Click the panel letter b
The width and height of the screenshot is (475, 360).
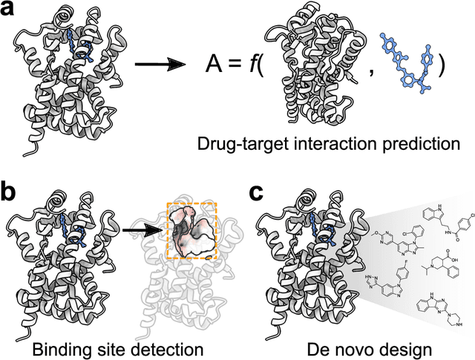(x=11, y=194)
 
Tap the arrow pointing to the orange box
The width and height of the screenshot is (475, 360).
(x=143, y=230)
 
